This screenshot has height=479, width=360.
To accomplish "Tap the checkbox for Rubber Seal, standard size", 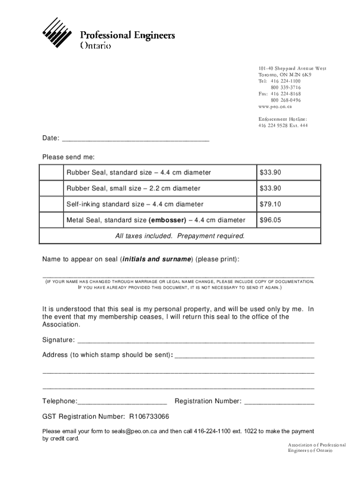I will pos(51,173).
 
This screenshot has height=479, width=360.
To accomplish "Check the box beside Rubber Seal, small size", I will pos(51,189).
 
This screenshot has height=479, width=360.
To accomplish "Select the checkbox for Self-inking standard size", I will pos(51,204).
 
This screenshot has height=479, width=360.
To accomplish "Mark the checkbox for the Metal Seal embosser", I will pos(51,220).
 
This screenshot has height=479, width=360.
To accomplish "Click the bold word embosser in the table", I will pos(167,220).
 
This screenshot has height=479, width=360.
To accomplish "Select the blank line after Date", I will pos(136,139).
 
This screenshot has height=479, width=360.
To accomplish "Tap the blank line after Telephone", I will pos(122,402).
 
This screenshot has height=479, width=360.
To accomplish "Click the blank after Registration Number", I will pos(279,402).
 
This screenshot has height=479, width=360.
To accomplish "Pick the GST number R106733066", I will pos(149,417).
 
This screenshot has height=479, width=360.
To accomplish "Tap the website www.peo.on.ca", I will pos(275,107).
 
